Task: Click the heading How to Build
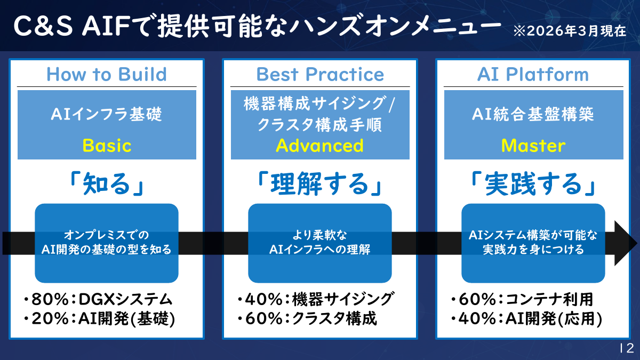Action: pyautogui.click(x=107, y=74)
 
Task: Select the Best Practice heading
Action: pyautogui.click(x=320, y=74)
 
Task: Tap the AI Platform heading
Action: pyautogui.click(x=533, y=74)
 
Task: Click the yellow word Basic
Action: pyautogui.click(x=107, y=145)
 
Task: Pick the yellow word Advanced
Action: pyautogui.click(x=320, y=145)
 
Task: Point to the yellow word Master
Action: pyautogui.click(x=533, y=145)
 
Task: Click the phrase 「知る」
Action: pyautogui.click(x=107, y=184)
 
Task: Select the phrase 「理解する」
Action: pyautogui.click(x=320, y=184)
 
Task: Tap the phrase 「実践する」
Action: pyautogui.click(x=533, y=184)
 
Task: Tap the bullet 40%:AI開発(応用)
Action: pyautogui.click(x=526, y=319)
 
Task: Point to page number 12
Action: pyautogui.click(x=626, y=348)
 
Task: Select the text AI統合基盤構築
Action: pyautogui.click(x=533, y=114)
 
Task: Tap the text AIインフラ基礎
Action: pyautogui.click(x=107, y=114)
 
